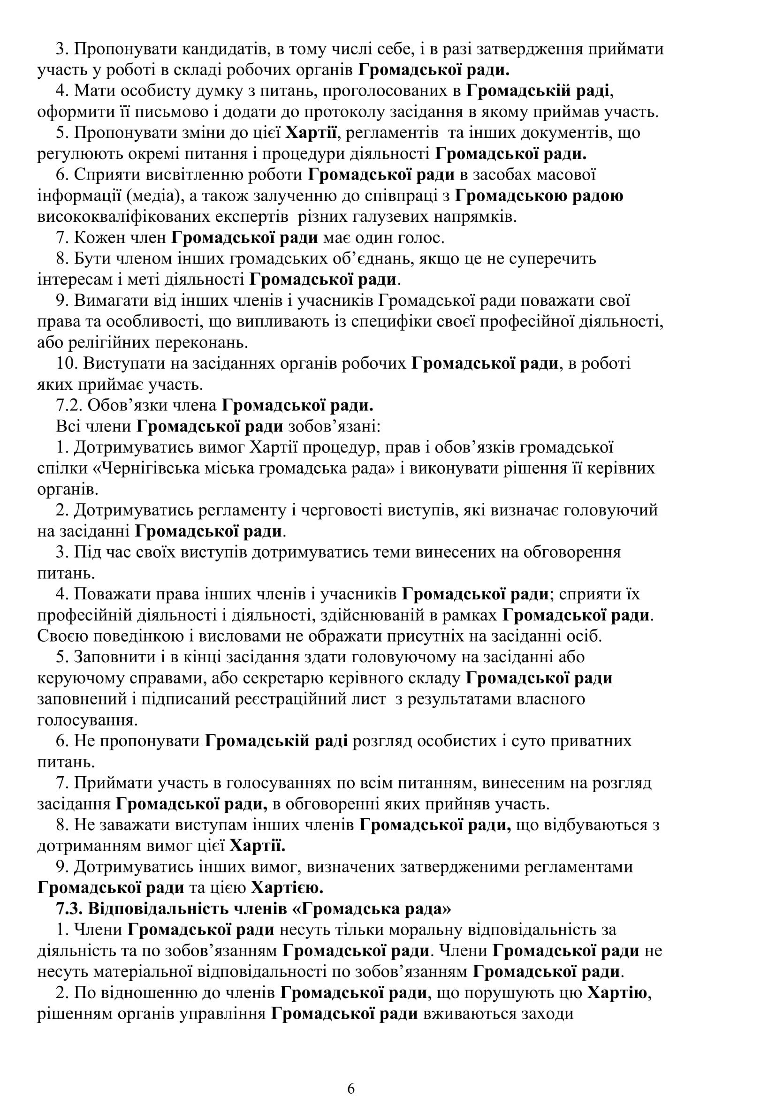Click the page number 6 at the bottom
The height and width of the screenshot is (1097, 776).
point(351,1075)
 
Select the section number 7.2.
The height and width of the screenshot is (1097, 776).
point(70,405)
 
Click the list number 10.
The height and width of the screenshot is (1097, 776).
point(67,363)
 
